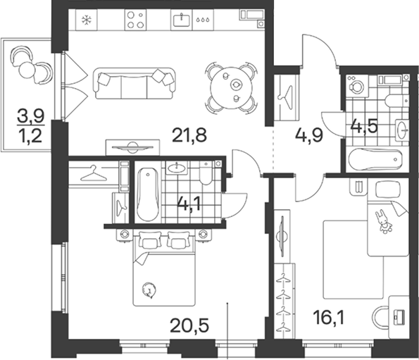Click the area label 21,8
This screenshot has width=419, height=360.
(x=189, y=135)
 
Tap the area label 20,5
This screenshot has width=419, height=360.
(x=189, y=325)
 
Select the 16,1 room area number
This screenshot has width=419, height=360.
(x=329, y=318)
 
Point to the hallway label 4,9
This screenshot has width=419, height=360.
(x=309, y=135)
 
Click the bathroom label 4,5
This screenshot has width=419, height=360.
(x=364, y=126)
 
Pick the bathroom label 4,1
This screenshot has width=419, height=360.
(x=189, y=205)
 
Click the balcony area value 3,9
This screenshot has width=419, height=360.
(x=31, y=116)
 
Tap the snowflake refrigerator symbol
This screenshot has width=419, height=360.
(x=87, y=20)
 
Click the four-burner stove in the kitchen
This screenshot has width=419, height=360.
(x=135, y=20)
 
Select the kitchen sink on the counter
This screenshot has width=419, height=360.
(x=182, y=20)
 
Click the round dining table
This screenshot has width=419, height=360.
(x=232, y=88)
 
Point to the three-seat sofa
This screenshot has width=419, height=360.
(x=135, y=83)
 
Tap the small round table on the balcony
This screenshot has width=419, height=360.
(x=27, y=70)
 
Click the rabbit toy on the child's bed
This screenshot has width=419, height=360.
(x=384, y=221)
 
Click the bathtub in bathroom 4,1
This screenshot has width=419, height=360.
(x=148, y=194)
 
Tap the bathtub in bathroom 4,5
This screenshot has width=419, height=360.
(x=375, y=159)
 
